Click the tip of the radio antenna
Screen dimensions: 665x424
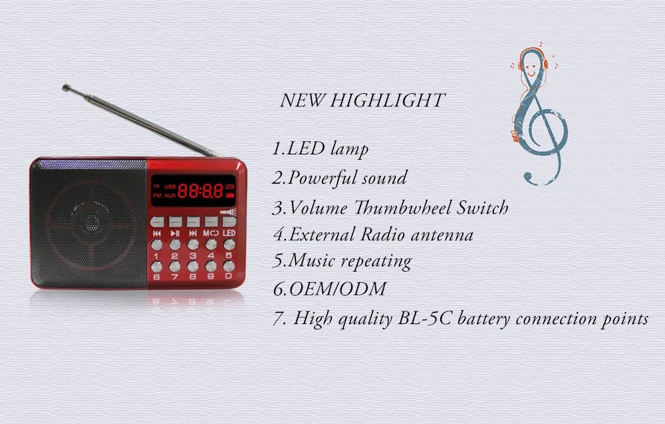point(66,88)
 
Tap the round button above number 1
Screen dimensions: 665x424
point(156,245)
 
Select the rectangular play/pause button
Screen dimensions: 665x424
point(175,222)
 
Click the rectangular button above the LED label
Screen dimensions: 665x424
point(229,221)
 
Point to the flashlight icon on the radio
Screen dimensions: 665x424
point(228,212)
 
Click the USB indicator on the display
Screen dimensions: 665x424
point(170,186)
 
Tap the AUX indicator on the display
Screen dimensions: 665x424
point(170,196)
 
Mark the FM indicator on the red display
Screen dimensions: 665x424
point(157,196)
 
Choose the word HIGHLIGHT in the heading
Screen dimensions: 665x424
point(387,100)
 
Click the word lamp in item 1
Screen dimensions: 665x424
point(349,149)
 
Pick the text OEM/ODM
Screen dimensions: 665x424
point(338,289)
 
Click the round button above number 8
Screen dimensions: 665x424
point(193,266)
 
